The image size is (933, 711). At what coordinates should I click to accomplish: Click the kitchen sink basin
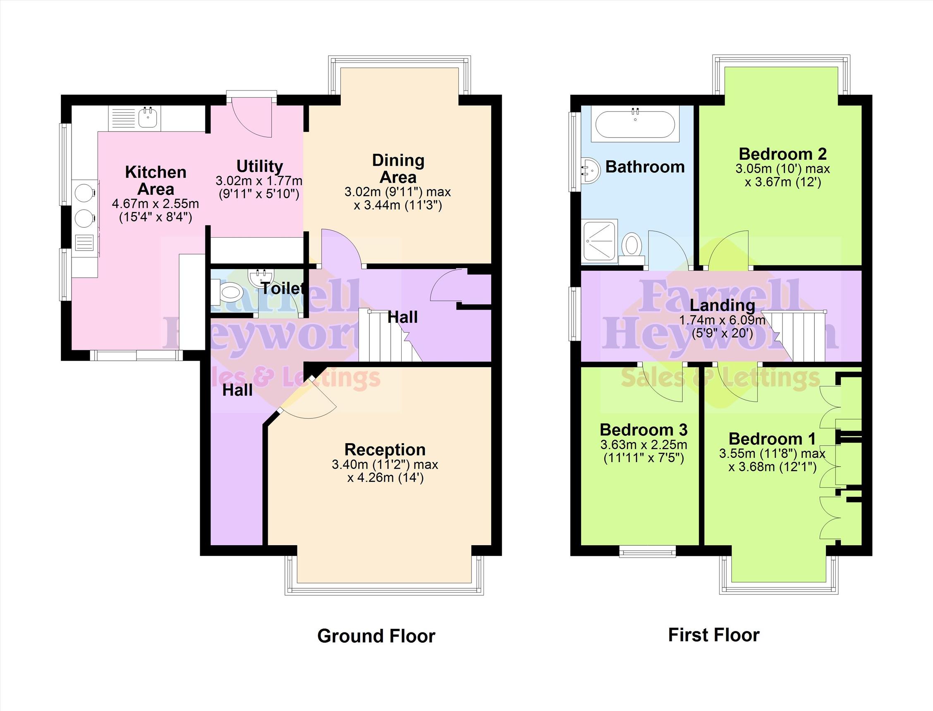coord(148,117)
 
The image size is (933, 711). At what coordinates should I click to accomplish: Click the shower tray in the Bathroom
coord(600,241)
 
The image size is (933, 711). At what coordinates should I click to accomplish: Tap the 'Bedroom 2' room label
coord(783,154)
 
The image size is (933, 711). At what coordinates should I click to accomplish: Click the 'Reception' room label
coord(384,449)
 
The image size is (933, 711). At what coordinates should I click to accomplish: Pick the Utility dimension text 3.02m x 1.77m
coord(259,181)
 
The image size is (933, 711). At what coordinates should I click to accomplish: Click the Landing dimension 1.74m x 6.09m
coord(722,320)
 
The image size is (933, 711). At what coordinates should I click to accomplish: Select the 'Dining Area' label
coord(398,168)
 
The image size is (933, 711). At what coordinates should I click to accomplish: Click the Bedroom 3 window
coord(647,551)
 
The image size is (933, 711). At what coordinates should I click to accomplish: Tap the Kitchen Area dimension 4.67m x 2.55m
coord(155,204)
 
